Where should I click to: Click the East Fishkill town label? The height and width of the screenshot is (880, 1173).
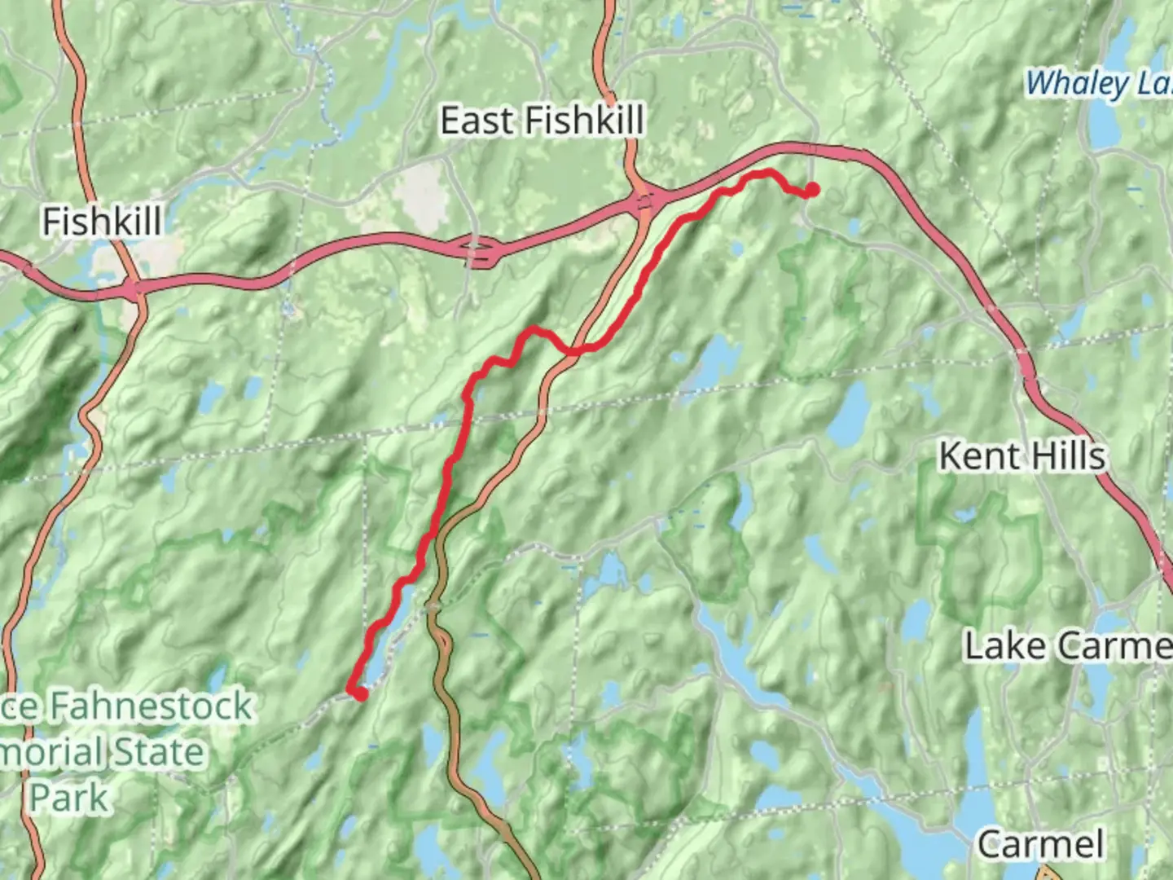click(542, 121)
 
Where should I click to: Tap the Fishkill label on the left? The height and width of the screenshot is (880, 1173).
click(102, 222)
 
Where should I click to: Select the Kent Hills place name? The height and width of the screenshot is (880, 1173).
click(1022, 456)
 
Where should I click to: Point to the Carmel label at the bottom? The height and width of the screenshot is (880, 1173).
click(1041, 844)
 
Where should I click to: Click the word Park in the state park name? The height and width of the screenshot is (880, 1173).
click(69, 797)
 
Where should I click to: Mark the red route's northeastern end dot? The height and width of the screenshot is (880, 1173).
click(811, 191)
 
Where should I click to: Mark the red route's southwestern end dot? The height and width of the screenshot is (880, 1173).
click(358, 693)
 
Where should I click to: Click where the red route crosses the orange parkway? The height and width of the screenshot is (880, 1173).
click(575, 350)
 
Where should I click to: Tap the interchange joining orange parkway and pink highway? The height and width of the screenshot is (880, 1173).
click(645, 201)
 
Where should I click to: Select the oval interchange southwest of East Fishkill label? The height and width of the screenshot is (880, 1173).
click(481, 251)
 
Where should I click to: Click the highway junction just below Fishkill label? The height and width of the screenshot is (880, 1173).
click(134, 288)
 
